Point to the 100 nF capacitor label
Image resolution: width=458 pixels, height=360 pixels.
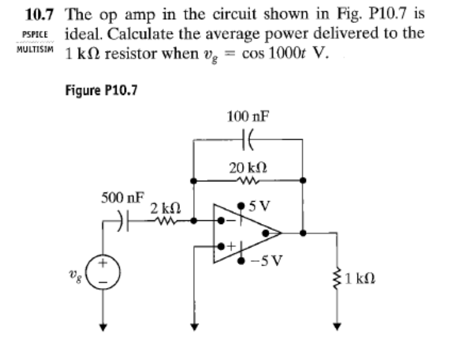pos(248,116)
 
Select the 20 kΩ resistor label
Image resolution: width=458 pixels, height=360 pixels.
pos(248,167)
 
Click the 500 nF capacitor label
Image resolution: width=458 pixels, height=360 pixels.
pos(122,199)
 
